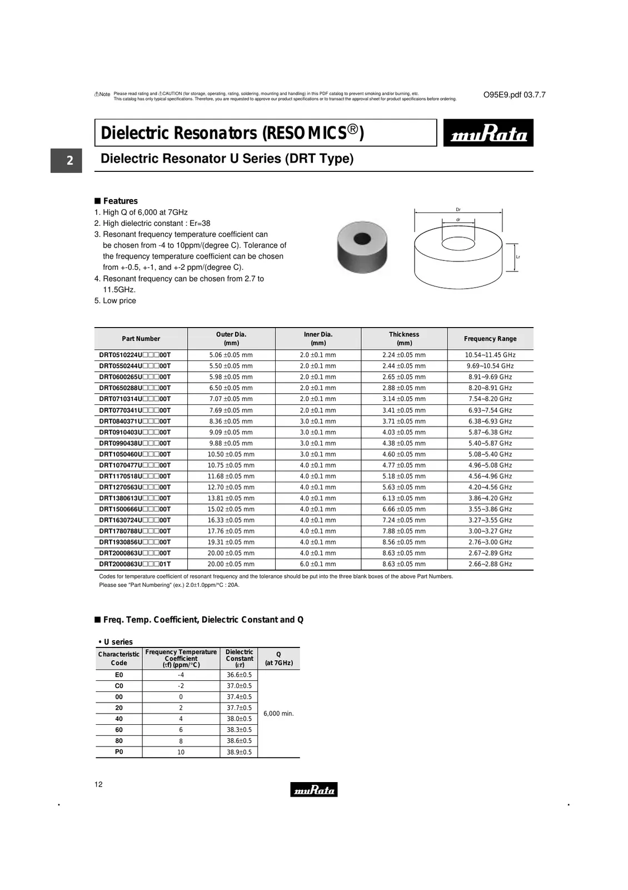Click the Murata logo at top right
pyautogui.click(x=488, y=133)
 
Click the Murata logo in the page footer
pyautogui.click(x=313, y=789)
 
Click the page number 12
pyautogui.click(x=98, y=784)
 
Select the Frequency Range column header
pyautogui.click(x=490, y=339)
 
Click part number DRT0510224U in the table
pyautogui.click(x=134, y=355)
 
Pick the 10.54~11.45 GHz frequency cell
pyautogui.click(x=490, y=355)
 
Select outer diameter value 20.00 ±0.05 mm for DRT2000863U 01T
pyautogui.click(x=231, y=564)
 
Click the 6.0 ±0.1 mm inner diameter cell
pyautogui.click(x=318, y=564)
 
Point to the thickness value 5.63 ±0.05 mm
pyautogui.click(x=403, y=487)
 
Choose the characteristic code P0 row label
pyautogui.click(x=119, y=752)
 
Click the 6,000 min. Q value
pyautogui.click(x=278, y=714)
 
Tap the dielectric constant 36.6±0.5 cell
pyautogui.click(x=239, y=675)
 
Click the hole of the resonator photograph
pyautogui.click(x=362, y=239)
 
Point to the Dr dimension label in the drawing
pyautogui.click(x=458, y=210)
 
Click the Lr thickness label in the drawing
pyautogui.click(x=518, y=257)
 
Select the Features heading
pyautogui.click(x=120, y=201)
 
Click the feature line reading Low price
pyautogui.click(x=119, y=300)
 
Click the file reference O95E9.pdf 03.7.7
pyautogui.click(x=514, y=95)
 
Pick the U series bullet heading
pyautogui.click(x=118, y=642)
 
